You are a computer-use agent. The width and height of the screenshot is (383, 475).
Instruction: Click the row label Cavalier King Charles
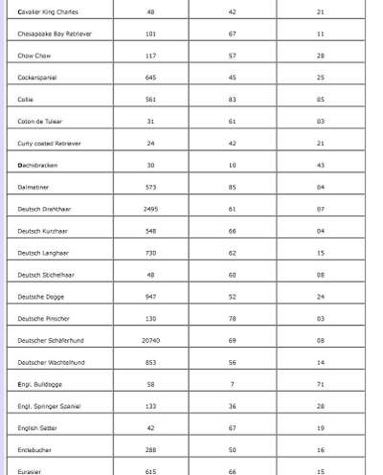(x=48, y=12)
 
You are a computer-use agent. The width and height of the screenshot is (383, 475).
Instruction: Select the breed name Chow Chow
(x=34, y=56)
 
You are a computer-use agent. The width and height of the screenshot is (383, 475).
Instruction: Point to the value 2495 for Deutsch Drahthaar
(x=150, y=208)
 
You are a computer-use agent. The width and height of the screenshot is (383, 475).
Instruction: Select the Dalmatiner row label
(x=35, y=187)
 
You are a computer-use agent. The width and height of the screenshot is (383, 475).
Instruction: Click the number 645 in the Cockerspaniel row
(x=150, y=78)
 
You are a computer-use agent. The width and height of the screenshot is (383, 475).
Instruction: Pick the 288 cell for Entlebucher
(x=150, y=449)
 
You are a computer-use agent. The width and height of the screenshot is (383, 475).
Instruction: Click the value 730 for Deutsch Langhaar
(x=150, y=253)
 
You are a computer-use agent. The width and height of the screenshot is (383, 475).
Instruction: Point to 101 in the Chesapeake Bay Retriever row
(x=150, y=34)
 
